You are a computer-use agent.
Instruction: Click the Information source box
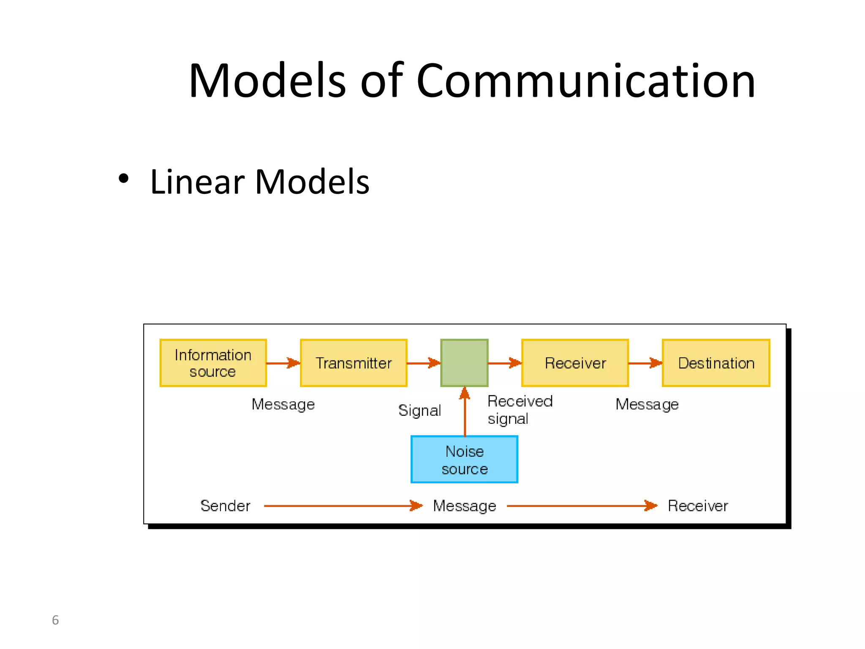click(x=213, y=363)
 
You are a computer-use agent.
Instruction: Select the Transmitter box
click(x=354, y=363)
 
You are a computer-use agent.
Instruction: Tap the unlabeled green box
click(x=464, y=363)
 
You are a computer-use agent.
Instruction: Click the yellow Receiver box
click(x=575, y=363)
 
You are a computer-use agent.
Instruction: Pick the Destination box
click(x=716, y=363)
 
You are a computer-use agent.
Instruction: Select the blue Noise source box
click(x=464, y=459)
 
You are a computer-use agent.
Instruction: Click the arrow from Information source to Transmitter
click(x=283, y=363)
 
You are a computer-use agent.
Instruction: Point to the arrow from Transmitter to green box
click(x=423, y=363)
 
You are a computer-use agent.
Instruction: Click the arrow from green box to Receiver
click(x=504, y=363)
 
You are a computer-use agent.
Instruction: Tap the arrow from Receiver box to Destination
click(x=645, y=363)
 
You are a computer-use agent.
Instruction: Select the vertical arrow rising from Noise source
click(x=465, y=412)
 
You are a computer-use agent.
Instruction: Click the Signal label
click(x=419, y=410)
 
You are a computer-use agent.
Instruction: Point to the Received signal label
click(x=520, y=410)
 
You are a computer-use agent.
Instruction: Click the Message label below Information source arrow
click(x=283, y=404)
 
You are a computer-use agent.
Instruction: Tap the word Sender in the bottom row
click(x=225, y=506)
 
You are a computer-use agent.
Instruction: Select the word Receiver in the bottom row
click(x=698, y=506)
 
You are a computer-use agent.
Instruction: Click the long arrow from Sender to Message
click(x=342, y=506)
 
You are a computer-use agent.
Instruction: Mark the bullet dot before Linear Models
click(x=123, y=179)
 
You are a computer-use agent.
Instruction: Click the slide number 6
click(x=55, y=620)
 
